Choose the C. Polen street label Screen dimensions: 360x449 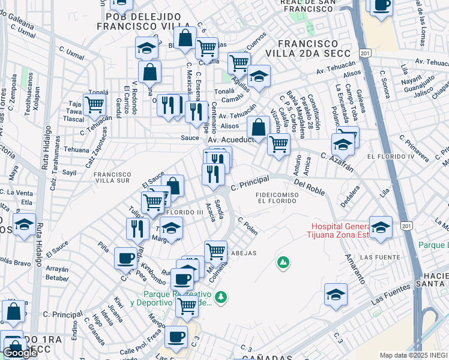coord(248,226)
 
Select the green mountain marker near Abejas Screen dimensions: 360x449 coord(283,262)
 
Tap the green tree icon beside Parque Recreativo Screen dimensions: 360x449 coord(221,296)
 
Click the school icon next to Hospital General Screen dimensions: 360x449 coord(381,228)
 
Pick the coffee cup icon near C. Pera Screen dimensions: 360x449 coord(126,258)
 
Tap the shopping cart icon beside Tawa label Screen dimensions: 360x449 coord(95,104)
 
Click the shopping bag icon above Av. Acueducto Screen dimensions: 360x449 coord(258,127)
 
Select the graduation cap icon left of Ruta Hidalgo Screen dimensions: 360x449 coord(25,225)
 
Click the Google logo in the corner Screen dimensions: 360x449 coord(20,353)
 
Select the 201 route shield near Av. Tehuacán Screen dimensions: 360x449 coord(365,54)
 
